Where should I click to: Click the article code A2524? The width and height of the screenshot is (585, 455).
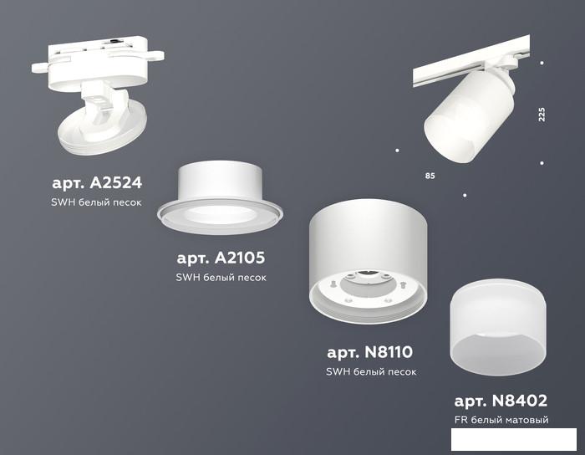[115, 182]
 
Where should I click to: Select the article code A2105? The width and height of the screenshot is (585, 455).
[240, 258]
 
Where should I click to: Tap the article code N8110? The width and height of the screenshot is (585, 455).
[389, 351]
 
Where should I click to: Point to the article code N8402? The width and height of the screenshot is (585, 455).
[519, 401]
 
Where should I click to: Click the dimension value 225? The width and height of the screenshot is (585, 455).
[542, 115]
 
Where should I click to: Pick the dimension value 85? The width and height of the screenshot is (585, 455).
[430, 176]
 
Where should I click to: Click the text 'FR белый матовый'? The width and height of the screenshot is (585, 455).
[501, 420]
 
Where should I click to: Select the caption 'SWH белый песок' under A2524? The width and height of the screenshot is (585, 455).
[96, 202]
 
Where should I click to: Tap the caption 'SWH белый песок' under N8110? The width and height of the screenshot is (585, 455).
[371, 371]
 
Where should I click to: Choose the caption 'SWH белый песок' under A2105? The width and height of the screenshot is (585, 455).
[221, 278]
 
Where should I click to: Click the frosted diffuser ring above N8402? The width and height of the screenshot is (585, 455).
[498, 327]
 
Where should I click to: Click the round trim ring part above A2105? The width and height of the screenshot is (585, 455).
[220, 198]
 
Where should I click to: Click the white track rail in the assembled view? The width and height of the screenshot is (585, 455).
[471, 61]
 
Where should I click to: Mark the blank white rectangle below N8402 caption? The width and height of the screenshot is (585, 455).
[514, 439]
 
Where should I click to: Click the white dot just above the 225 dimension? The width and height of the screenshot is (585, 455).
[542, 63]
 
